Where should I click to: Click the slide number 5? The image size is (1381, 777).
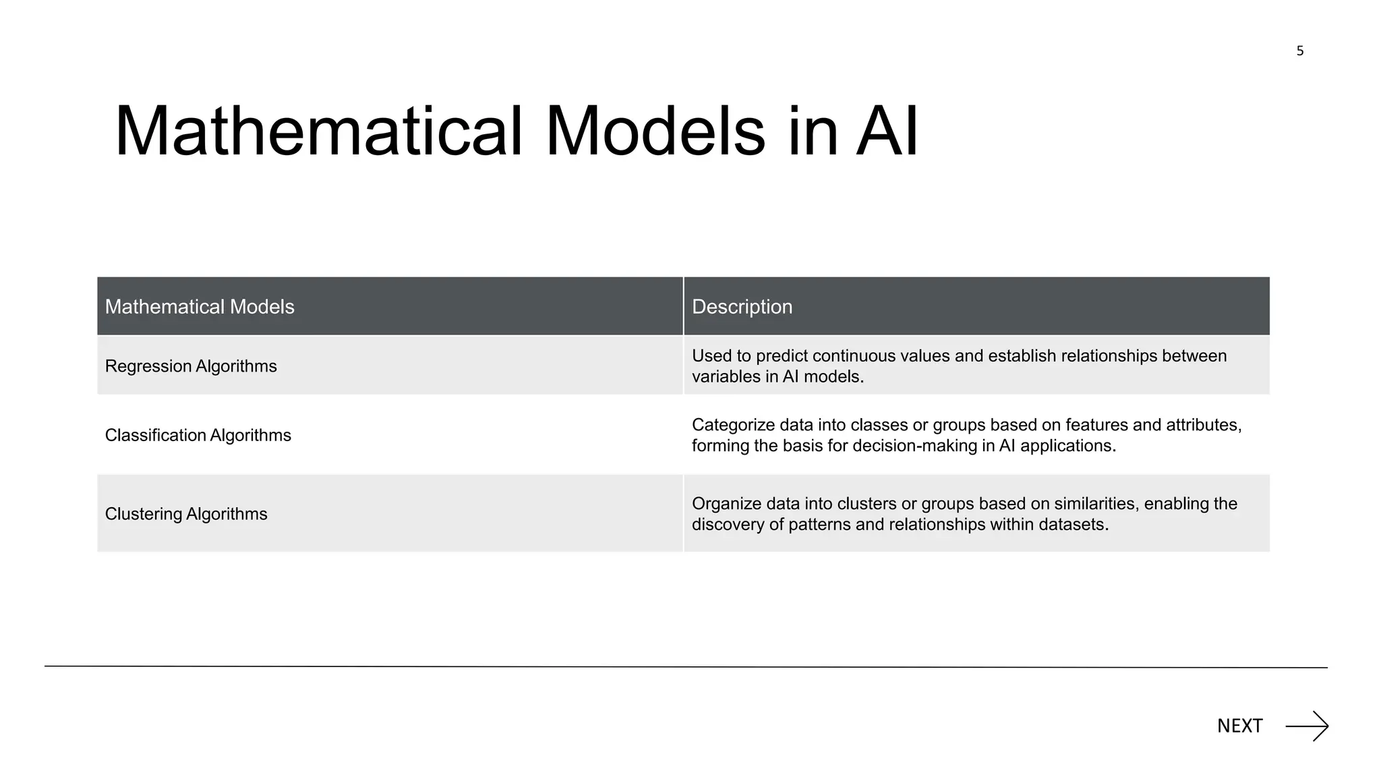[1299, 51]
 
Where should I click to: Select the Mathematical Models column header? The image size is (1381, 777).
[200, 307]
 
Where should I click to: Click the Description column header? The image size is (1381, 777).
[742, 307]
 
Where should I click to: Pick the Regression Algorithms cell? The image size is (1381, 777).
[191, 366]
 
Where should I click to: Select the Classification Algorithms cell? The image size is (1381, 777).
[198, 435]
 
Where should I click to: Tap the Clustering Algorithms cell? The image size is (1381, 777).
[186, 514]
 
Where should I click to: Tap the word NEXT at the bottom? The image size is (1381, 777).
[1239, 726]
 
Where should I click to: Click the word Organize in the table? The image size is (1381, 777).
[726, 504]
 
